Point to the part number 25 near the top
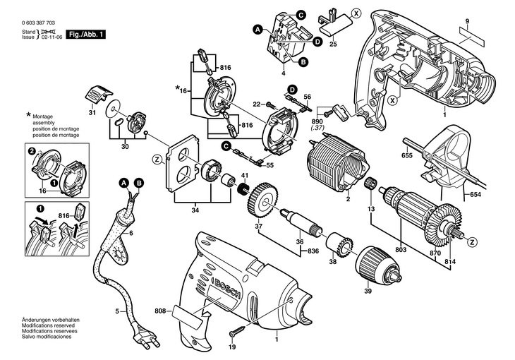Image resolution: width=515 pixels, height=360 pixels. [x=333, y=44]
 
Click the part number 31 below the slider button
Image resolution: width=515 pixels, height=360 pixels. [x=92, y=113]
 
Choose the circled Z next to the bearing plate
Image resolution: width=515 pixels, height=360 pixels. [x=157, y=159]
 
